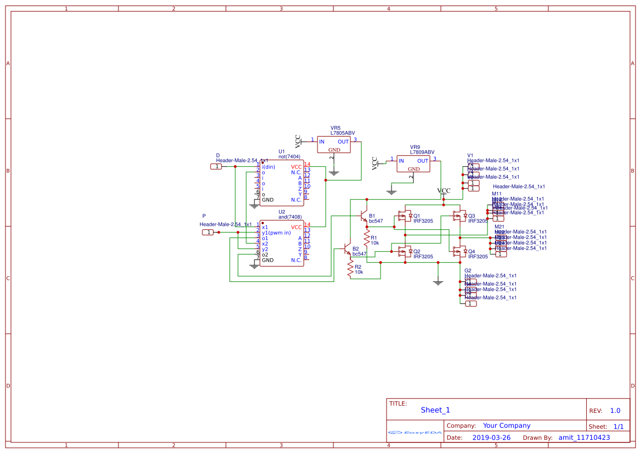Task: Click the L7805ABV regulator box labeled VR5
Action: click(x=334, y=145)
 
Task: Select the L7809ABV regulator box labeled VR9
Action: click(x=414, y=164)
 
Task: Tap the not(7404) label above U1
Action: click(x=290, y=157)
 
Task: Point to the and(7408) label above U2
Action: click(x=290, y=217)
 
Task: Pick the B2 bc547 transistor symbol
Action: click(x=347, y=249)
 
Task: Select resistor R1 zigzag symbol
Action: click(x=367, y=239)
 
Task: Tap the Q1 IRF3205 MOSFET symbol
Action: click(x=405, y=216)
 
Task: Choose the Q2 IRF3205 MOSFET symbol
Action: click(x=405, y=252)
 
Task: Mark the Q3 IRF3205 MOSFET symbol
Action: click(x=460, y=216)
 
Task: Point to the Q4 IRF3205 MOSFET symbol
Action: click(x=460, y=252)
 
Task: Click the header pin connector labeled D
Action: click(x=217, y=166)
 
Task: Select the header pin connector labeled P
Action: click(x=208, y=232)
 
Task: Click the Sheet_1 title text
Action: click(x=435, y=410)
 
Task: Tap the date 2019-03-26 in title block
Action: click(x=491, y=438)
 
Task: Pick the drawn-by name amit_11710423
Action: click(x=584, y=438)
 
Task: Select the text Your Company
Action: click(x=507, y=425)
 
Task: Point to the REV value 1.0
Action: click(x=615, y=411)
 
